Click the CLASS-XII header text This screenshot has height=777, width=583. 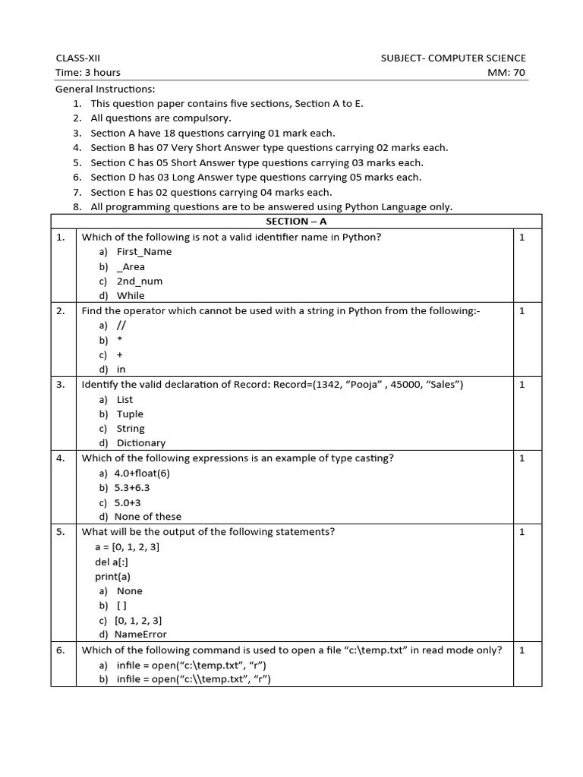pyautogui.click(x=77, y=58)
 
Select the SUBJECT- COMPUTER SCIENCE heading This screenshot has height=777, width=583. pyautogui.click(x=453, y=58)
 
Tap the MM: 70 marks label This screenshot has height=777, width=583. pyautogui.click(x=507, y=72)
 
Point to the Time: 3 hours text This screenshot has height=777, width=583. pyautogui.click(x=88, y=72)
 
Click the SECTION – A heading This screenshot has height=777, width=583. pyautogui.click(x=296, y=221)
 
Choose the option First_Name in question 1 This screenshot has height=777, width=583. pyautogui.click(x=143, y=251)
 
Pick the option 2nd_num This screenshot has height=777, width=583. pyautogui.click(x=139, y=281)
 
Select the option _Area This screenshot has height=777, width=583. pyautogui.click(x=131, y=266)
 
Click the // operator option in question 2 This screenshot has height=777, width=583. pyautogui.click(x=121, y=325)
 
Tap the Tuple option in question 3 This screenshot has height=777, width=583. pyautogui.click(x=130, y=414)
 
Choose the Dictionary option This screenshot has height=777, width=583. pyautogui.click(x=140, y=442)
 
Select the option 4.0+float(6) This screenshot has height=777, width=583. pyautogui.click(x=142, y=473)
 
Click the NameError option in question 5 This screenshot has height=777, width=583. pyautogui.click(x=140, y=634)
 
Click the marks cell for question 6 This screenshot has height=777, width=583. pyautogui.click(x=522, y=650)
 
